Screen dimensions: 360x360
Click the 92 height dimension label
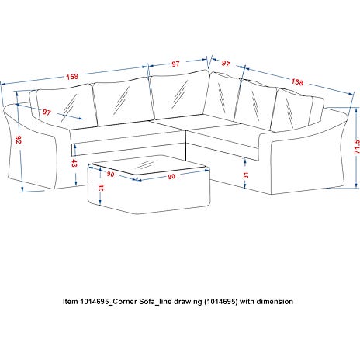(19, 140)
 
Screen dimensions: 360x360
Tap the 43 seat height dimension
(74, 163)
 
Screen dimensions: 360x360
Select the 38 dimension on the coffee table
(101, 187)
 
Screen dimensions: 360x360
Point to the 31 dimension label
(246, 175)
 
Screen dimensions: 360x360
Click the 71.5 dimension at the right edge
(357, 147)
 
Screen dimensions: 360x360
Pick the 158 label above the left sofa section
(72, 77)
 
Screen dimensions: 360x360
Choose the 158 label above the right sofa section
(297, 82)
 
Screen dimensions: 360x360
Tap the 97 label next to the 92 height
(47, 112)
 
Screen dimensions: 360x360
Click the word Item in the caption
(71, 302)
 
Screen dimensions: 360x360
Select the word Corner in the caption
(125, 302)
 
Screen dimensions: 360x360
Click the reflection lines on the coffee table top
(146, 164)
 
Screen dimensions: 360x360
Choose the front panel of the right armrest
(308, 165)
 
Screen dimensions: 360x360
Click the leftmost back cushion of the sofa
(66, 107)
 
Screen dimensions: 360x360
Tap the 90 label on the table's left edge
(110, 175)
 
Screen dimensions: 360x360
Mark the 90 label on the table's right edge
(171, 177)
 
